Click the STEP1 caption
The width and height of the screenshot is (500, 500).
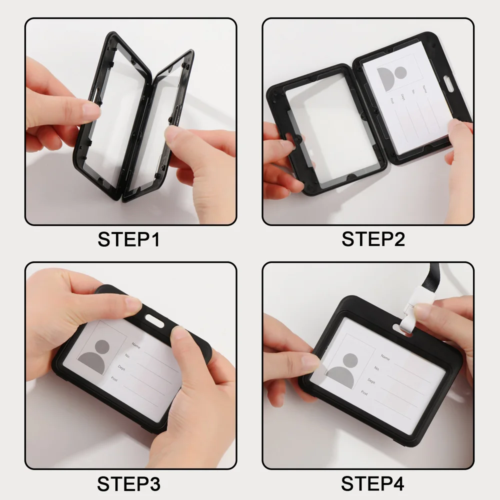[x=128, y=239]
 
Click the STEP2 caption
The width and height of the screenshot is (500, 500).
[x=373, y=239]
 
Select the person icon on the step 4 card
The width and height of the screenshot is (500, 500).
[x=343, y=371]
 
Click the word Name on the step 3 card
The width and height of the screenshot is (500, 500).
[x=136, y=345]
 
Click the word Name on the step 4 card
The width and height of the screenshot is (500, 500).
[x=385, y=357]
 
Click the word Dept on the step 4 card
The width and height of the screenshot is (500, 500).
[x=371, y=381]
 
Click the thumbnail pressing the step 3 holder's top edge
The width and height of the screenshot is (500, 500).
[x=132, y=303]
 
